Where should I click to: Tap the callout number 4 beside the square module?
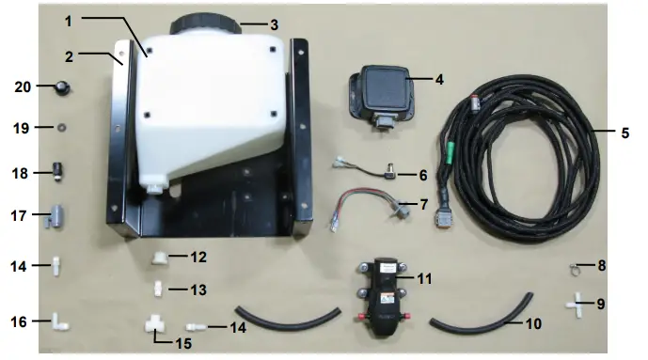[438, 79]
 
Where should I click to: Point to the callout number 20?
[24, 87]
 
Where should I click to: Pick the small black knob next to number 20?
[63, 88]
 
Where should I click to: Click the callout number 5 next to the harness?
[624, 133]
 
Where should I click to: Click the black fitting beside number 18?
[57, 173]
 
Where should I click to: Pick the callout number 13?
[198, 291]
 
